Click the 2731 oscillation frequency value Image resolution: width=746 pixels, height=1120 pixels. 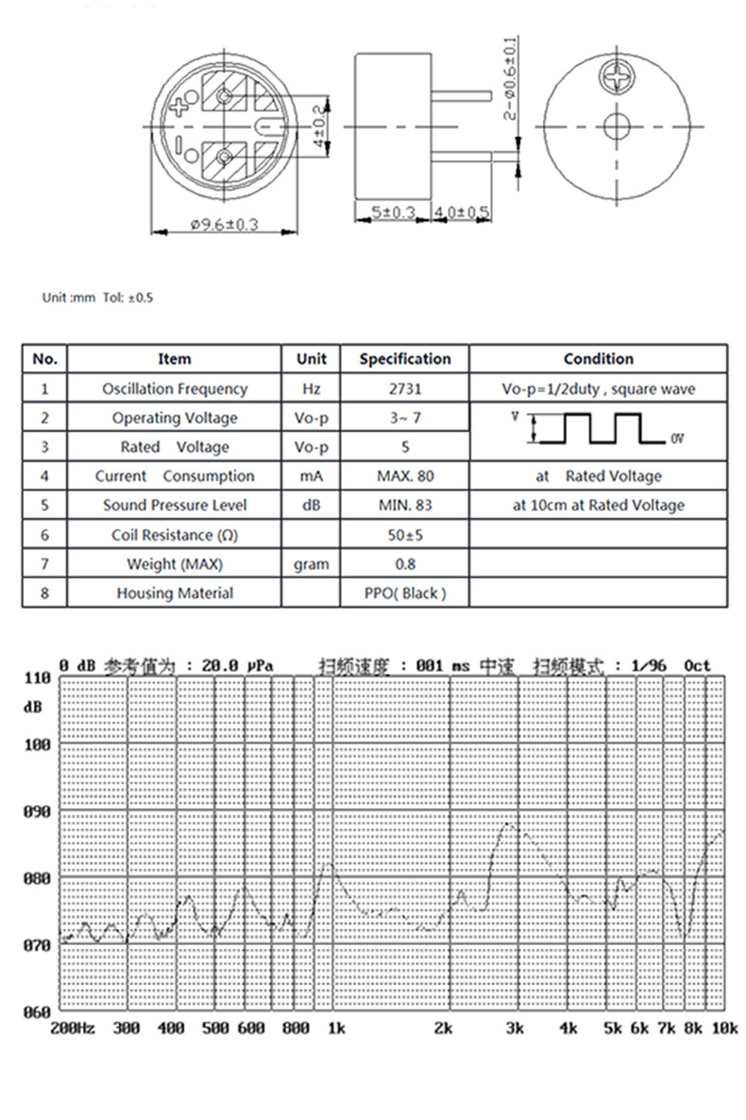point(405,388)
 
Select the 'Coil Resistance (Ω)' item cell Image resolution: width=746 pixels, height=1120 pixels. point(175,535)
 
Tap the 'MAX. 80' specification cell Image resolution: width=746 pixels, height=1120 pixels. point(405,476)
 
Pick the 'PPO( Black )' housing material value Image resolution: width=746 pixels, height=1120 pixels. point(405,594)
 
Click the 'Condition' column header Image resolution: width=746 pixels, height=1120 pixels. point(599,359)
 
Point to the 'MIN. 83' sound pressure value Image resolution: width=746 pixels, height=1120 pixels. point(405,506)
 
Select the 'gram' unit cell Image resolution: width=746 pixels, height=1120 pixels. point(311,564)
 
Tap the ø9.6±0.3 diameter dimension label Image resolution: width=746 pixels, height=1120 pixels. point(225,225)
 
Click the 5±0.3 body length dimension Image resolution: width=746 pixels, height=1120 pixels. point(392,214)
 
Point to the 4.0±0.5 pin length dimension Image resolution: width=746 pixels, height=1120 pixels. point(461,214)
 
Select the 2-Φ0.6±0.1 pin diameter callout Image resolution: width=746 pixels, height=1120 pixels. point(510,78)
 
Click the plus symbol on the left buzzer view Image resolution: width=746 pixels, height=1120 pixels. point(179,105)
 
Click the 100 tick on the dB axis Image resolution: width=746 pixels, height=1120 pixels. point(37,745)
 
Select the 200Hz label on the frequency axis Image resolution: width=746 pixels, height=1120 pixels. point(72,1027)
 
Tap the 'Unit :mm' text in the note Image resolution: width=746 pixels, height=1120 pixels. point(69,298)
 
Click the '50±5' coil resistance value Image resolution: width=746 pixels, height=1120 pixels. point(405,535)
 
